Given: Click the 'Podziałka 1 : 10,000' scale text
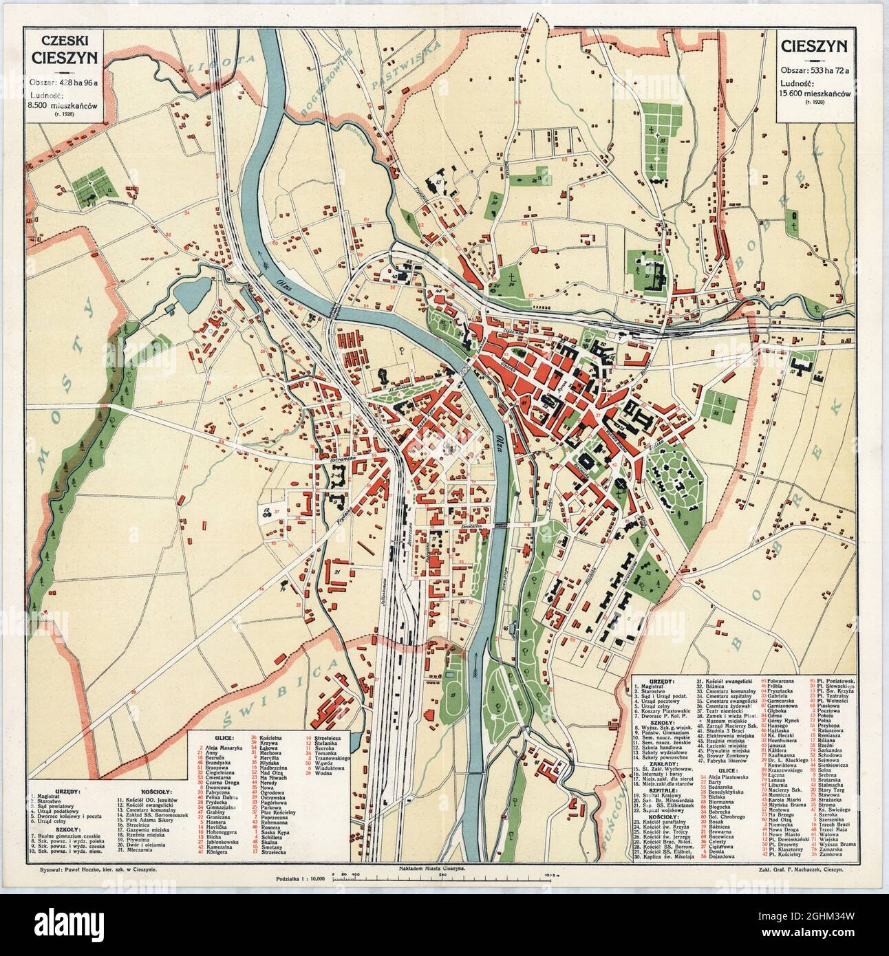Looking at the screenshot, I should click(x=300, y=879).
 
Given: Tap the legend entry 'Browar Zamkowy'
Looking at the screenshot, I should click(x=727, y=756).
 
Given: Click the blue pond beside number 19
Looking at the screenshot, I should click(x=186, y=295).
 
